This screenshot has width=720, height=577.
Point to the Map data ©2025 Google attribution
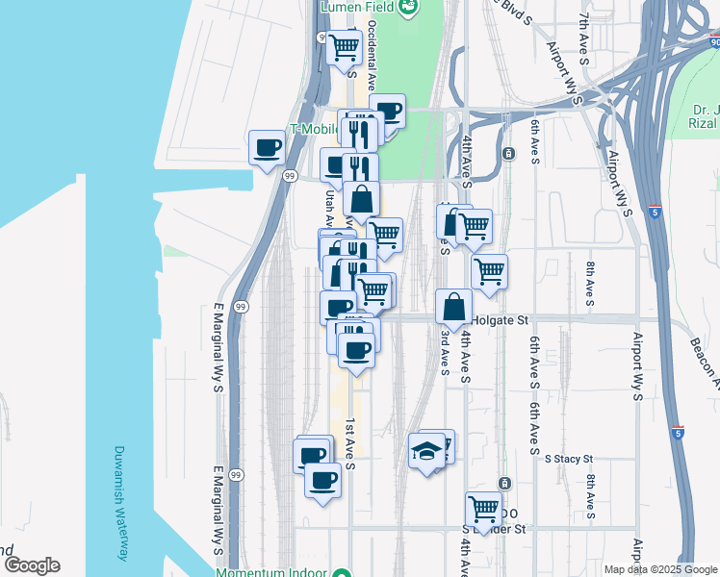659,569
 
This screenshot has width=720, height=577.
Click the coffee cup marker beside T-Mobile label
267,148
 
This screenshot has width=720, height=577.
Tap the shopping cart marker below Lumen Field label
344,47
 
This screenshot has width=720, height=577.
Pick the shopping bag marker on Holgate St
453,307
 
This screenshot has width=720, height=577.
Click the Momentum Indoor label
274,572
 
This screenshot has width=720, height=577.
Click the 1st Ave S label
350,444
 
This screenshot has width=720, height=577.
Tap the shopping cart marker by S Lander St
482,508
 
